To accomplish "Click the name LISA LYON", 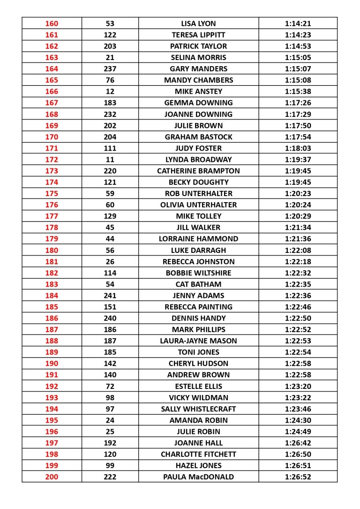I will pos(198,23).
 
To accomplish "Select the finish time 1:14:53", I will pos(298,46).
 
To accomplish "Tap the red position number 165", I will pos(52,80).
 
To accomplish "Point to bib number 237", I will pos(110,69).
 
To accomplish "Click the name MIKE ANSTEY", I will pos(198,91).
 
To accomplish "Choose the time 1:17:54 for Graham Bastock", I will pos(298,137).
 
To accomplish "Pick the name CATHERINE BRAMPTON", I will pos(198,171).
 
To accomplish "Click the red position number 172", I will pos(52,160).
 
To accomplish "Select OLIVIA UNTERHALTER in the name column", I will pos(198,205).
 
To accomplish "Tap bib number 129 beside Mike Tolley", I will pos(110,216).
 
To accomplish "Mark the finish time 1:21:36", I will pos(298,239).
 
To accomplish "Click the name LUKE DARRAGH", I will pos(198,250).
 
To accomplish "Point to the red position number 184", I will pos(52,296).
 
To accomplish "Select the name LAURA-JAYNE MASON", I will pos(198,341).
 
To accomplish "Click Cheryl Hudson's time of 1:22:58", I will pos(298,364).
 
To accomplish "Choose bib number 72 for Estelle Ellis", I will pos(110,386).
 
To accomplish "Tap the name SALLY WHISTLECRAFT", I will pos(198,409).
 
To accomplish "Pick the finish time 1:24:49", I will pos(298,432).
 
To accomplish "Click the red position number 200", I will pos(52,477).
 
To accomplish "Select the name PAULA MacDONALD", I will pos(198,477).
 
